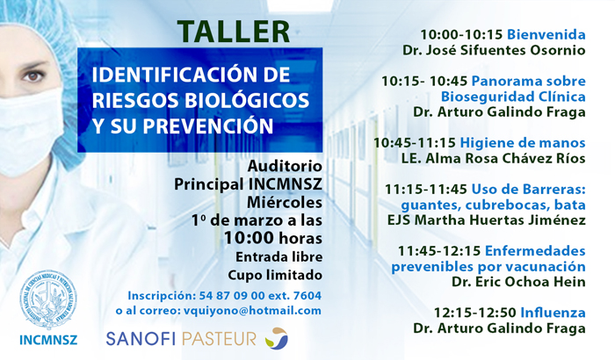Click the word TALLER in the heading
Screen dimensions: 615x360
(x=234, y=32)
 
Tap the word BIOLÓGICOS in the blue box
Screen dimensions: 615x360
(x=247, y=100)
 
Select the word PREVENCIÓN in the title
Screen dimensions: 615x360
(x=208, y=126)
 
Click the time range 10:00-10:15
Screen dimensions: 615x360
(x=461, y=34)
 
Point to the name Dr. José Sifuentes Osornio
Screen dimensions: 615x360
(x=494, y=50)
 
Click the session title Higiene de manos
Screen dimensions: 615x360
(x=523, y=143)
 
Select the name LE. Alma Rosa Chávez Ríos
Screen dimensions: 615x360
(x=493, y=158)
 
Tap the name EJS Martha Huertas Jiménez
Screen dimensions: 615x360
(x=487, y=220)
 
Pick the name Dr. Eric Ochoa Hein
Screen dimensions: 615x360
(x=518, y=282)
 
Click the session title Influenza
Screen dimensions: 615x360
(x=553, y=313)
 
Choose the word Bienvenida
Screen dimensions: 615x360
(x=546, y=34)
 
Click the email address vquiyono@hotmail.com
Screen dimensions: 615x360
(x=252, y=311)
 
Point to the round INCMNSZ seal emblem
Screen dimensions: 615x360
(x=48, y=299)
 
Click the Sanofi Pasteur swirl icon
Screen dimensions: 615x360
(x=277, y=338)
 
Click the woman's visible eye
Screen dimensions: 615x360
(x=33, y=76)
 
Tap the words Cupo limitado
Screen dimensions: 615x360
(x=275, y=275)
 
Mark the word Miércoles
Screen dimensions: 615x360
(x=285, y=202)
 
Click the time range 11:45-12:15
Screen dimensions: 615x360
(x=439, y=251)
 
